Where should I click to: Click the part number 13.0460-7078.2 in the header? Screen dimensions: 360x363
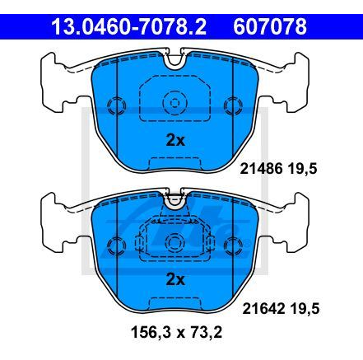point(120,28)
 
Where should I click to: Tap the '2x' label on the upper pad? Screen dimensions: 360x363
point(175,140)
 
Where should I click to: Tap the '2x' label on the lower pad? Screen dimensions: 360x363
point(175,280)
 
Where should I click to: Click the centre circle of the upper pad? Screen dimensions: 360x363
point(174,104)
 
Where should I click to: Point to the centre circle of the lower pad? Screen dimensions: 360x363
point(174,243)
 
